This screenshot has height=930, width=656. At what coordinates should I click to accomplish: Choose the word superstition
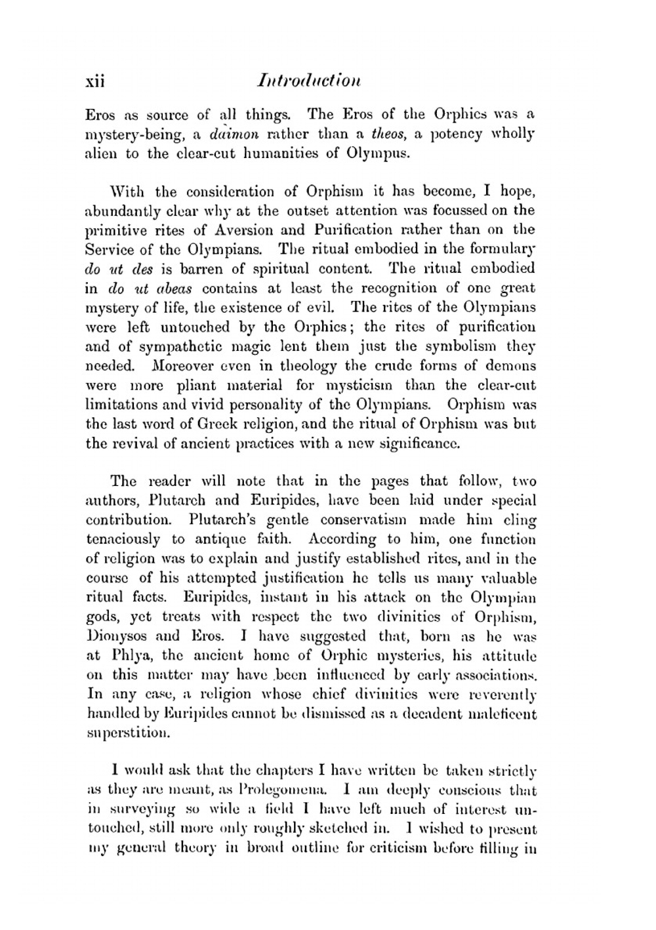(x=128, y=733)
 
